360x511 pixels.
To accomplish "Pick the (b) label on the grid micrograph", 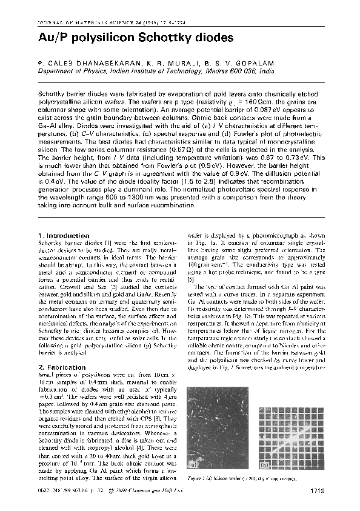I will (x=265, y=466).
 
